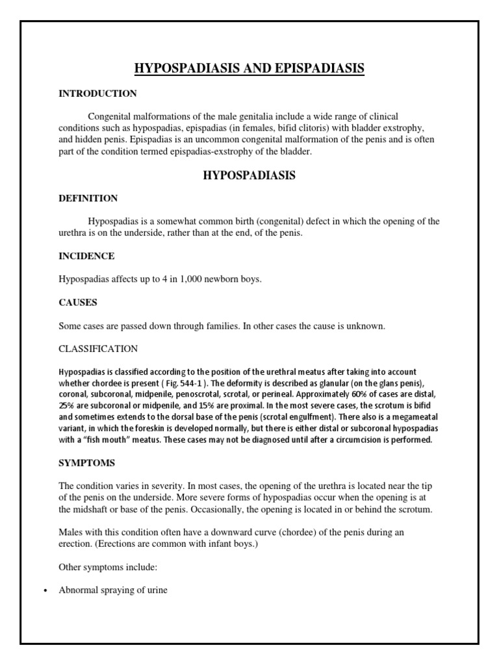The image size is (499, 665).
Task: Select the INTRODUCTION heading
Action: (x=97, y=94)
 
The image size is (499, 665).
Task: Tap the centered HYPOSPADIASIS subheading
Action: (x=249, y=175)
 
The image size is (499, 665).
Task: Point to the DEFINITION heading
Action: (x=88, y=198)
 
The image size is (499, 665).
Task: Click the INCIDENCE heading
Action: (x=86, y=256)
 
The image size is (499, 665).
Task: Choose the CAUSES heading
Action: (x=78, y=303)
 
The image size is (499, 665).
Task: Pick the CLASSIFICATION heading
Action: (x=98, y=349)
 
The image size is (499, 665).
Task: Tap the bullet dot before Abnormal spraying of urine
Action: (x=44, y=592)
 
